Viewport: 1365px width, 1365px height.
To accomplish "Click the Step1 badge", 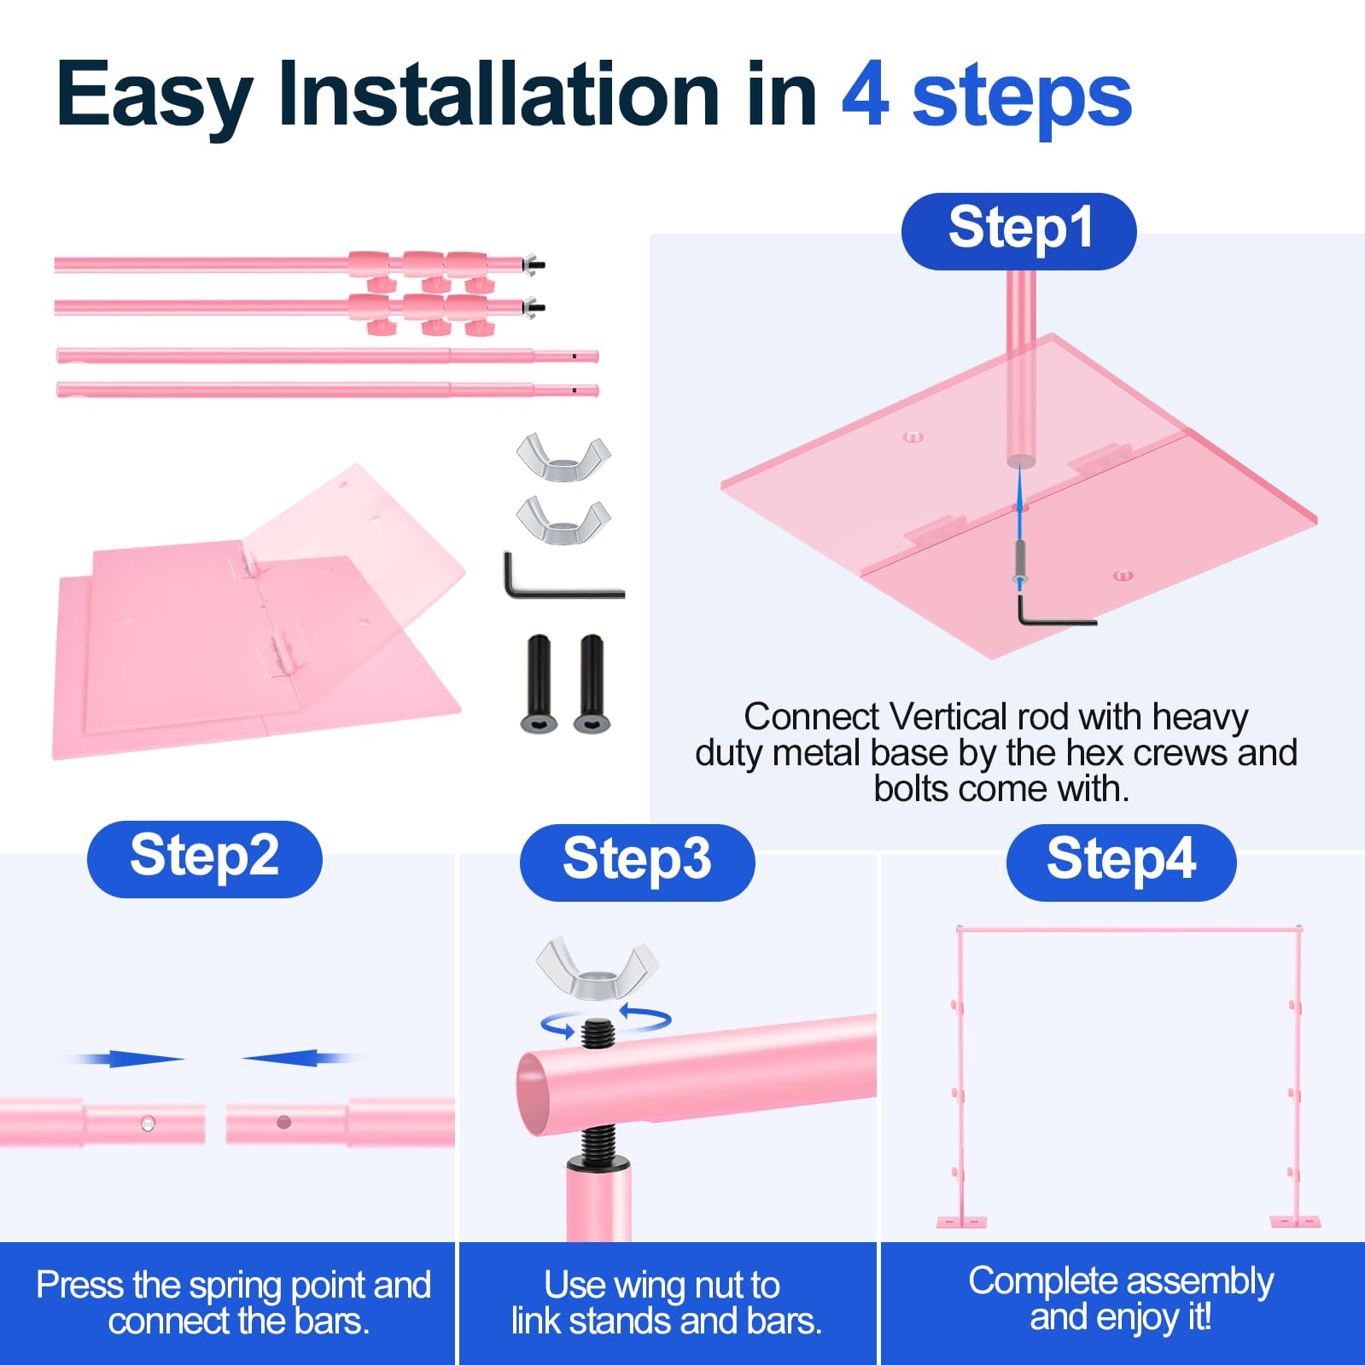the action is coord(1018,231).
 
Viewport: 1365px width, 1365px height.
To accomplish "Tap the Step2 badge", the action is coord(205,858).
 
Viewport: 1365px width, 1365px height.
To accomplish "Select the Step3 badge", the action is coord(637,862).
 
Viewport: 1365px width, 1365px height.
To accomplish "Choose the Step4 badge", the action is coord(1121,862).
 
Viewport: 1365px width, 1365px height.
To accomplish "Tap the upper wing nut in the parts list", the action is coord(563,456).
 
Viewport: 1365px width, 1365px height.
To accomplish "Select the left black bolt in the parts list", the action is coord(539,683).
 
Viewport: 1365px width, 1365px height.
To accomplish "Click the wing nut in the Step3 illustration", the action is coord(597,968).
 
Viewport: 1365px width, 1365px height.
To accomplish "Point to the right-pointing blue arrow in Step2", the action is coord(126,1059).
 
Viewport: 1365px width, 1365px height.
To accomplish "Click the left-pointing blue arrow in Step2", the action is coord(299,1058).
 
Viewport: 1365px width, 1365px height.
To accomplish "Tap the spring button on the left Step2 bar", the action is coord(148,1123).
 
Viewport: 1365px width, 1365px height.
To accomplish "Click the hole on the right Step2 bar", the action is coord(284,1122).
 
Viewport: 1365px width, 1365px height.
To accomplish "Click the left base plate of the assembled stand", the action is coord(961,1222).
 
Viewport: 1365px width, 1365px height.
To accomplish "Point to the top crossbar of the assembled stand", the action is coord(1129,930).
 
